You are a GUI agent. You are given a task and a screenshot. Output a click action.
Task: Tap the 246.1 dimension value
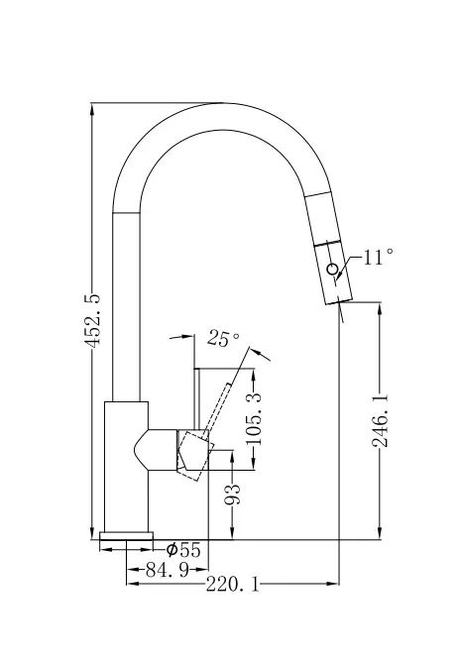(x=380, y=420)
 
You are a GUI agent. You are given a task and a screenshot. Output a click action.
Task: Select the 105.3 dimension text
(x=254, y=419)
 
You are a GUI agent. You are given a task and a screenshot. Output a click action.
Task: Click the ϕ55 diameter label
(x=183, y=549)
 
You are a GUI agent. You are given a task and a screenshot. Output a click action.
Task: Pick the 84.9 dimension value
(x=167, y=571)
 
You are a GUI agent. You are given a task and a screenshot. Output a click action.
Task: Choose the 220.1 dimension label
(x=232, y=585)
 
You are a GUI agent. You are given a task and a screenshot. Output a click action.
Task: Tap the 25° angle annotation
(x=223, y=338)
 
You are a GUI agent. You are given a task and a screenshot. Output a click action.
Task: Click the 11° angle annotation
(x=379, y=257)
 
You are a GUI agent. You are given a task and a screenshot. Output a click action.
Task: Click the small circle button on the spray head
(x=332, y=269)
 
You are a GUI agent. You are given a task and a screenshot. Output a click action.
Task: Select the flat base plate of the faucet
(x=126, y=535)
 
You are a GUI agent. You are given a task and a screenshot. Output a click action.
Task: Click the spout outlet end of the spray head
(x=339, y=299)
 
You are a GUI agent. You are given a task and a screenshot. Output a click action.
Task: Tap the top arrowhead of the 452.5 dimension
(x=92, y=109)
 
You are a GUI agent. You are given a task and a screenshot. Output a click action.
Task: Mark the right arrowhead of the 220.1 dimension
(x=333, y=584)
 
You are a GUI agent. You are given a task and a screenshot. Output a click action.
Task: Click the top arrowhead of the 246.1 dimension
(x=381, y=308)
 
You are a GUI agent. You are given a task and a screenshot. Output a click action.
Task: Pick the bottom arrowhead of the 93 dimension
(x=232, y=534)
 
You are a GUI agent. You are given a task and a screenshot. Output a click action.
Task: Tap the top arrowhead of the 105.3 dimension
(x=254, y=375)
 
